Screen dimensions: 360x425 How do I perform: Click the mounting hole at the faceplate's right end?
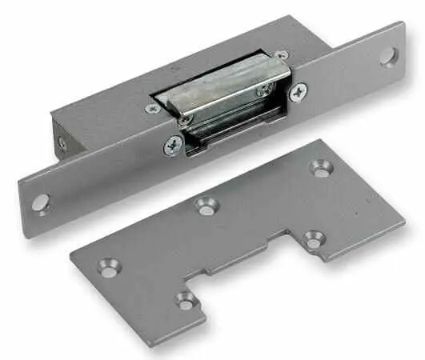point(388,57)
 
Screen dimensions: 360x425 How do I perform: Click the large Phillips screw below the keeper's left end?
point(173,146)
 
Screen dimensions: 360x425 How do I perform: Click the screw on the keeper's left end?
point(185,120)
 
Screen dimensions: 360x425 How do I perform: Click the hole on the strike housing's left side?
point(62,144)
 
